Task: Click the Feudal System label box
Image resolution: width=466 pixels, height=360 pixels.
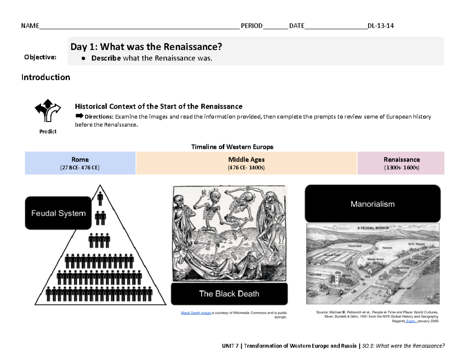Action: (x=58, y=213)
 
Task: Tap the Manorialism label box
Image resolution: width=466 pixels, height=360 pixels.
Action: (x=372, y=204)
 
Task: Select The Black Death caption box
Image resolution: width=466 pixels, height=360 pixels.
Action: (x=229, y=294)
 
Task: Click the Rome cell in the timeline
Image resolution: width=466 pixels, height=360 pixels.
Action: (x=80, y=163)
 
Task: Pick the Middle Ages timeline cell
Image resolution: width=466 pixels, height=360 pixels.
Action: (x=246, y=163)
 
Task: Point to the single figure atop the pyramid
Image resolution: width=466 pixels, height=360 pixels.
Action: (x=100, y=198)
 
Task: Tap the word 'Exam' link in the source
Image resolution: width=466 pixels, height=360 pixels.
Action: (x=410, y=322)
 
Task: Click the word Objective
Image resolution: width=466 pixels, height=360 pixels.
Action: (x=40, y=57)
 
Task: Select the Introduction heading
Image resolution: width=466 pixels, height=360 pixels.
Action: (x=45, y=77)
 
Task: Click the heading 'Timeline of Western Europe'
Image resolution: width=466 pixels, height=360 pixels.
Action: (x=232, y=147)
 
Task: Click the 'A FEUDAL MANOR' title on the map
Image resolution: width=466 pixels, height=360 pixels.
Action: (x=373, y=228)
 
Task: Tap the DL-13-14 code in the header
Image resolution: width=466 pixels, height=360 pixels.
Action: (x=381, y=26)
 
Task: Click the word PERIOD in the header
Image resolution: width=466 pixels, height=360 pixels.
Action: (x=252, y=26)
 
